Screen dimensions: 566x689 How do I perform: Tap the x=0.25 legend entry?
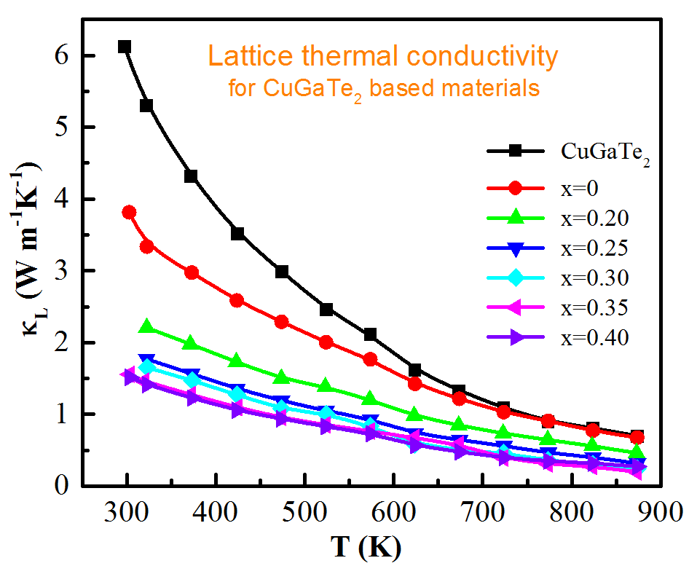point(594,248)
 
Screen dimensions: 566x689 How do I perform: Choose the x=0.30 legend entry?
point(594,278)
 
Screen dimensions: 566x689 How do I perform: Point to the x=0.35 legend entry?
point(594,307)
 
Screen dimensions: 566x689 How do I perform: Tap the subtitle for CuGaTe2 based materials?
point(383,88)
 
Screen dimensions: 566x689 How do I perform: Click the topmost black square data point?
point(125,47)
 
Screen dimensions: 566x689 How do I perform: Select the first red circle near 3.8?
point(129,212)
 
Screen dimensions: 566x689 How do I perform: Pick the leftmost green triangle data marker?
point(146,326)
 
